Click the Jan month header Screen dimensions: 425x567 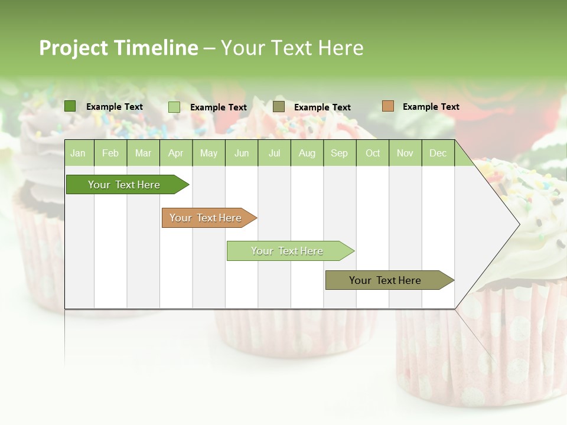point(78,153)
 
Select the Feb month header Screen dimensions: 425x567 point(110,153)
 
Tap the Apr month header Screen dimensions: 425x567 point(176,153)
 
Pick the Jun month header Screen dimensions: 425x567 point(242,153)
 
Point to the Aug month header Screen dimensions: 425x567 point(307,153)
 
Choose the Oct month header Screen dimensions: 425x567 point(373,153)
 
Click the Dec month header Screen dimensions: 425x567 point(438,153)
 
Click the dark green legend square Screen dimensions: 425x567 point(70,106)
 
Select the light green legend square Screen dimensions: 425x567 point(174,107)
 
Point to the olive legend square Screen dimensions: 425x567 point(279,107)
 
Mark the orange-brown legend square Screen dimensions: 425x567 point(387,106)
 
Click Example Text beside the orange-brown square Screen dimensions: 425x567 point(431,107)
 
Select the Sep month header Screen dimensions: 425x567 point(339,153)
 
